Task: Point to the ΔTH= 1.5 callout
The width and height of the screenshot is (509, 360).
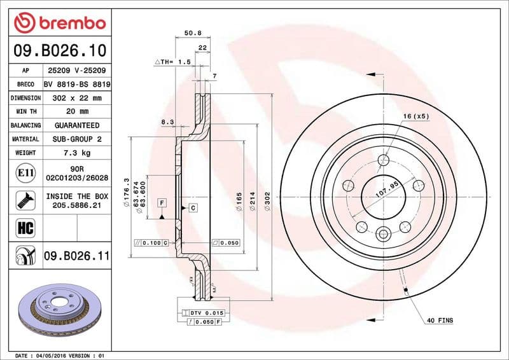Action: coord(173,62)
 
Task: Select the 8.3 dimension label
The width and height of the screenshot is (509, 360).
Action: coord(168,121)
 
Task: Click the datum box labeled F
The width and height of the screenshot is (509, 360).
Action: coord(162,203)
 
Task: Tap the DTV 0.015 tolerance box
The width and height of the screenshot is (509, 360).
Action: coord(203,314)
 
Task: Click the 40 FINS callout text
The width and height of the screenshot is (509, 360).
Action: coord(440,321)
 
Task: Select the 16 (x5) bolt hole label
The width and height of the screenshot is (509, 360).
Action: coord(415,116)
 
